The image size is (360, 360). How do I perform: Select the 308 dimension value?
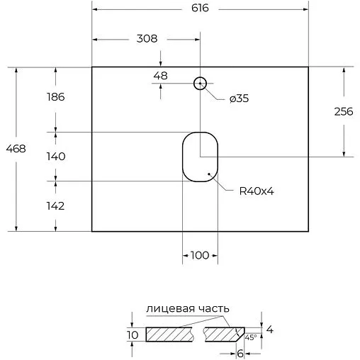click(146, 38)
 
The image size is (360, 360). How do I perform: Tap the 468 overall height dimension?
click(16, 149)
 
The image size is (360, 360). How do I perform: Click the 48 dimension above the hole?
click(160, 75)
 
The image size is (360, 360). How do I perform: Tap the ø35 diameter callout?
click(238, 99)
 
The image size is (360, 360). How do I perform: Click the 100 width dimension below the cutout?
click(200, 256)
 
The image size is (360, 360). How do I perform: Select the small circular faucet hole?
click(201, 84)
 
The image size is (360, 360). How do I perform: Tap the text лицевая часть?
click(187, 308)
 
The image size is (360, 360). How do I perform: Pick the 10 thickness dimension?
click(131, 334)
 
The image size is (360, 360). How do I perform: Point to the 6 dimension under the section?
click(241, 352)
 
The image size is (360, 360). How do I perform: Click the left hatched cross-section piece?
click(170, 334)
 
